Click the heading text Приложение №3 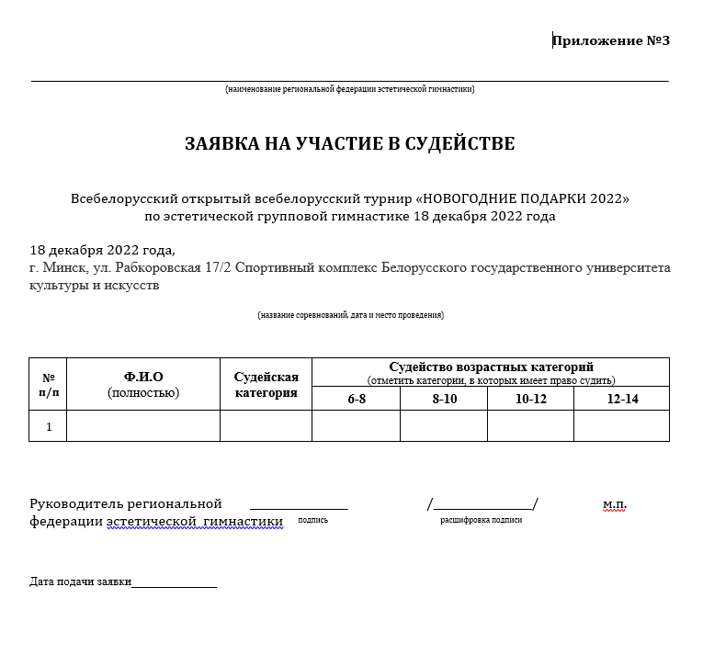click(611, 40)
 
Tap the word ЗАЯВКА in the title click(220, 144)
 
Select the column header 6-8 click(357, 399)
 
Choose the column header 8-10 click(444, 399)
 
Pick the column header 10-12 click(530, 399)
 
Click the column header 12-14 click(622, 399)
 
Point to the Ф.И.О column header click(143, 377)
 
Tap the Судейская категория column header click(266, 385)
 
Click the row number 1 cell click(49, 426)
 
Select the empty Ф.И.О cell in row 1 click(143, 426)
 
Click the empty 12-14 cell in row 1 click(622, 426)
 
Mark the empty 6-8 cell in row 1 click(357, 426)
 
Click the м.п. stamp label click(614, 505)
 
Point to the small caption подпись click(312, 520)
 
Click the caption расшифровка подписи click(481, 520)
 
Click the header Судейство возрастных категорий click(491, 367)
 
